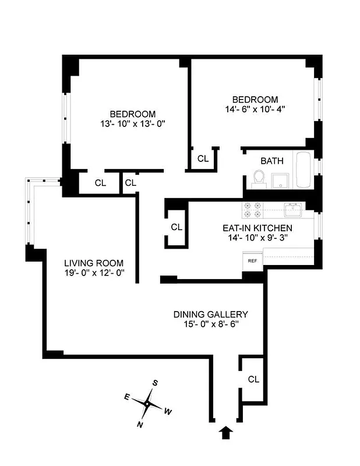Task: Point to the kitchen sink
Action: [x=292, y=208]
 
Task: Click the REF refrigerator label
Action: [x=253, y=261]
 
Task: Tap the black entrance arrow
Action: [x=225, y=432]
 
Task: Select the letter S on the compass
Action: [x=156, y=383]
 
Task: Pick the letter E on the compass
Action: [x=127, y=396]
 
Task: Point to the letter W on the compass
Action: [x=168, y=412]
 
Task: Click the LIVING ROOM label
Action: [x=94, y=263]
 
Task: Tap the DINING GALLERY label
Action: [x=210, y=314]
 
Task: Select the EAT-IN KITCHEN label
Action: [x=257, y=228]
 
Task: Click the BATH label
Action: [x=271, y=161]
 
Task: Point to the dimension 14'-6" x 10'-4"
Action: [x=255, y=108]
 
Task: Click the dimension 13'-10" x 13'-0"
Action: [x=133, y=123]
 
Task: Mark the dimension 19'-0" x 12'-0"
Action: [x=94, y=273]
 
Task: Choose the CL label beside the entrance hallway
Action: [x=253, y=379]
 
